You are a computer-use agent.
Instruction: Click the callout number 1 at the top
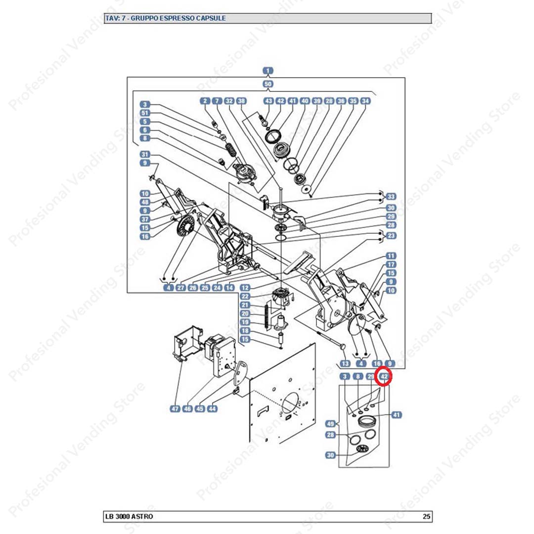267,71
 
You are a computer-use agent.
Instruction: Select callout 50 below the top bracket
267,84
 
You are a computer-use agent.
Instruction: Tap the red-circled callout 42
384,377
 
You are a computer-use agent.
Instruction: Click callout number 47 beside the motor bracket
175,409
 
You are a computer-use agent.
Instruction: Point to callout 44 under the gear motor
212,409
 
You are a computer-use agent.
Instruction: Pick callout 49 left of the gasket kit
330,424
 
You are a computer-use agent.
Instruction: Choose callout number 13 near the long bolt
345,363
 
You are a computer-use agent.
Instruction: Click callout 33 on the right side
391,196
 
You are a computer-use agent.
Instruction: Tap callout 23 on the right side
391,236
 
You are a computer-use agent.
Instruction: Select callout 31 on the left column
145,154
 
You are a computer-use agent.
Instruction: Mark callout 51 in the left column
145,113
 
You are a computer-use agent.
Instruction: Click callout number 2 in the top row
205,101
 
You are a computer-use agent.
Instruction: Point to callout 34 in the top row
365,101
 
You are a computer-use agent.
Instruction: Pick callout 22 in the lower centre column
245,296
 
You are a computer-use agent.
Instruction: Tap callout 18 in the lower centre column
245,331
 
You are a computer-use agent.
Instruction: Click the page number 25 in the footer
426,517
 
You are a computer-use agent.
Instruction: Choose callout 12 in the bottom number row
245,287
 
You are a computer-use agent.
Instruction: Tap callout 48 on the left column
145,202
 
